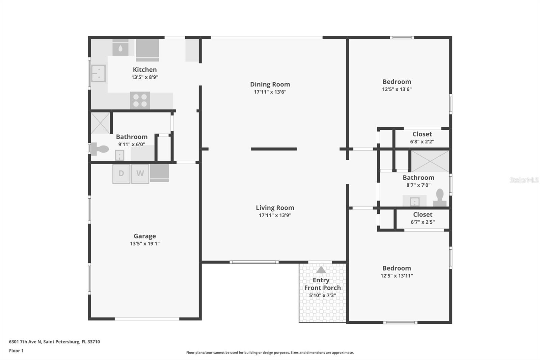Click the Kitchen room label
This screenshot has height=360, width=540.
[x=144, y=70]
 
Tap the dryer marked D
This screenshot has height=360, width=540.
[x=121, y=174]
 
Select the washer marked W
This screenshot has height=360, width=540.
[x=140, y=174]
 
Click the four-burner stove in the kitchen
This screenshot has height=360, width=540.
[x=140, y=100]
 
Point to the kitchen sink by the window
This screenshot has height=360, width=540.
[x=99, y=74]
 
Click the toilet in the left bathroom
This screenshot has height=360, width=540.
[x=100, y=149]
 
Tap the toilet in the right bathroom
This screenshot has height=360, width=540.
[x=440, y=198]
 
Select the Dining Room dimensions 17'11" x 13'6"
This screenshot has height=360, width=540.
[x=270, y=92]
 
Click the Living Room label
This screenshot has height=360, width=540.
[x=275, y=208]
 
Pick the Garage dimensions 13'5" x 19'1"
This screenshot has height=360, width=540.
[x=145, y=243]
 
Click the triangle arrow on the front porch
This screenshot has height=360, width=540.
[x=321, y=269]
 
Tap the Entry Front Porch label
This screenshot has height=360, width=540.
[x=322, y=284]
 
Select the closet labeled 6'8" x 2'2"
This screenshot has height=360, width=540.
[x=422, y=138]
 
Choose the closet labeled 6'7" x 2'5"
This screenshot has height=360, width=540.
[x=423, y=218]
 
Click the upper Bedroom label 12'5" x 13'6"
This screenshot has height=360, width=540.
[x=397, y=82]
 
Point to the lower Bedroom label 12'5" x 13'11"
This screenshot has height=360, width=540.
[x=397, y=268]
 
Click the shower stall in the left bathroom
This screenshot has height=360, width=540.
[x=101, y=123]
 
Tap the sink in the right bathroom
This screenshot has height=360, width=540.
[x=414, y=201]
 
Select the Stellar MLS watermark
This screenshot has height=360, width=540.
[x=524, y=180]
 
